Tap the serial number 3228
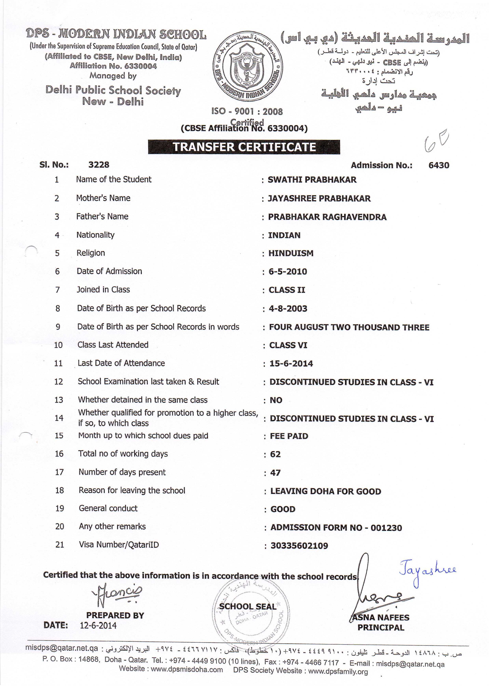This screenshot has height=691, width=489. pyautogui.click(x=99, y=165)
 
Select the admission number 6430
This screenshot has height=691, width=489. pyautogui.click(x=439, y=165)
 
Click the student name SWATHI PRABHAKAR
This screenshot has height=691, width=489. pyautogui.click(x=312, y=180)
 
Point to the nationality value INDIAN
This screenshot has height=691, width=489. pyautogui.click(x=284, y=235)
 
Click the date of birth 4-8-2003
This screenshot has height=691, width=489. pyautogui.click(x=288, y=309)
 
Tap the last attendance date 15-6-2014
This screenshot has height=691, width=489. pyautogui.click(x=291, y=364)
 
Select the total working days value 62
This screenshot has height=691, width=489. pyautogui.click(x=275, y=454)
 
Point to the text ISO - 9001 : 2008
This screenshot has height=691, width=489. pyautogui.click(x=247, y=112)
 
